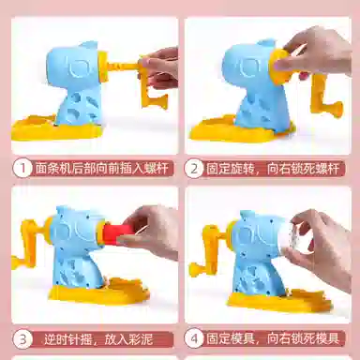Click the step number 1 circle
click(22, 169)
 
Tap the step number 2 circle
click(194, 169)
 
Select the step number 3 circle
click(22, 339)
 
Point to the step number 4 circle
click(194, 338)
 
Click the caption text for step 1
click(102, 169)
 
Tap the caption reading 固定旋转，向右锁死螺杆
click(273, 169)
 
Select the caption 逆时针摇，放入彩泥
click(98, 339)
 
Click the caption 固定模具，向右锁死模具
click(273, 338)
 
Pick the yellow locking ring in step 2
click(278, 67)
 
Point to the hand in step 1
click(160, 70)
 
